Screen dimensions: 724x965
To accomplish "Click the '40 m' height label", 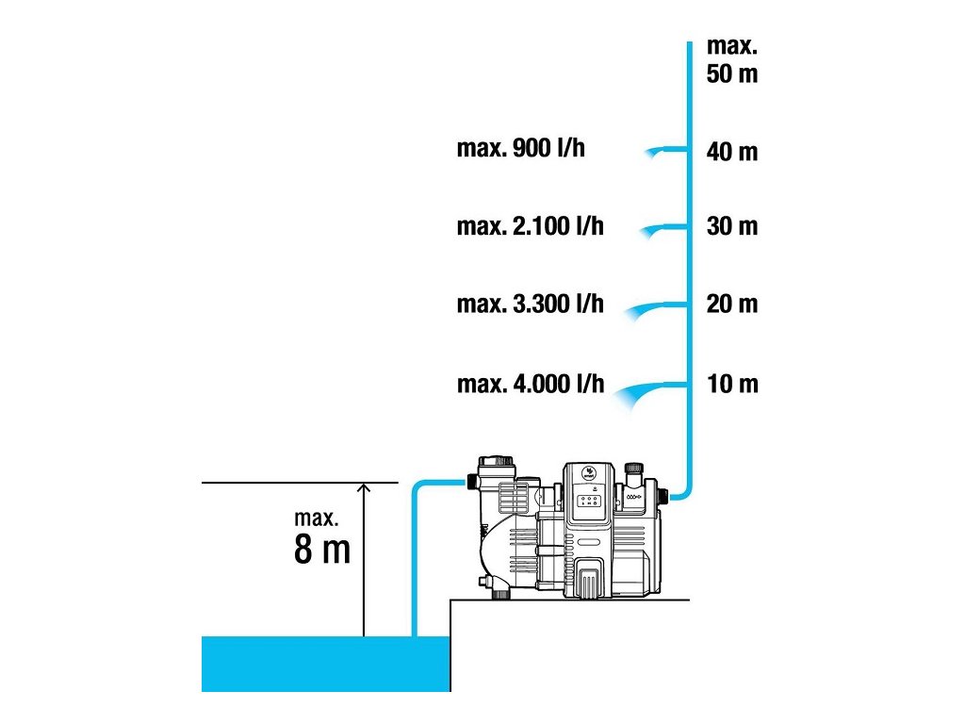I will [x=731, y=152].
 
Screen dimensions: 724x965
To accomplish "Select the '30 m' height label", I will [x=731, y=227].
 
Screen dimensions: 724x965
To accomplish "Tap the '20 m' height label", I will [x=731, y=304].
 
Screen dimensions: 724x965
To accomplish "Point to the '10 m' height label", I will [x=731, y=385].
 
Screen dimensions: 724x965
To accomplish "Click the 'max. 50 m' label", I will [x=731, y=59].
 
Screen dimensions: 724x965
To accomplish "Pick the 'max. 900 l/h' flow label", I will [x=520, y=149].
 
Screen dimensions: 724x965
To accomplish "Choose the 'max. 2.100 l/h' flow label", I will [x=530, y=226].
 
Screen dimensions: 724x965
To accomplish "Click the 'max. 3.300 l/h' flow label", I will [x=530, y=304].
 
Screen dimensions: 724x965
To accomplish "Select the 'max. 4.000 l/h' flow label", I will [x=530, y=385].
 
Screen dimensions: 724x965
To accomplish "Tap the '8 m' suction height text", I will [x=322, y=550].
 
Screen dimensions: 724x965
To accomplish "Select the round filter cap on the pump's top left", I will [x=497, y=468].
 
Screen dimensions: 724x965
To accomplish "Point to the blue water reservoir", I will [x=325, y=664].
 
